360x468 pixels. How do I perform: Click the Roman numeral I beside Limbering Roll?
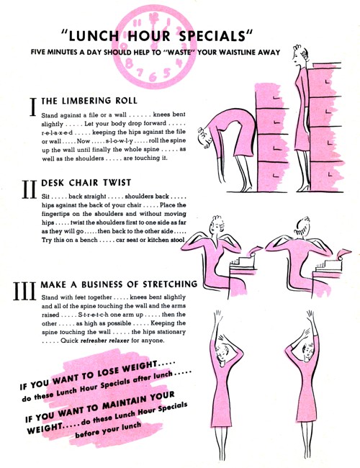(x=33, y=107)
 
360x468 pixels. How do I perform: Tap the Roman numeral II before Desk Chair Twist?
(x=30, y=189)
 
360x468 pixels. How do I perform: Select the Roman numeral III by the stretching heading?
(x=24, y=291)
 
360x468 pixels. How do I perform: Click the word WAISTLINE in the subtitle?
(x=238, y=53)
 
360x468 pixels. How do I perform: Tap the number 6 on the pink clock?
(x=153, y=77)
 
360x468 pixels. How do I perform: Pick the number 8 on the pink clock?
(x=129, y=63)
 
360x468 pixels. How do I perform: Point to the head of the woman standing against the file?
(x=300, y=55)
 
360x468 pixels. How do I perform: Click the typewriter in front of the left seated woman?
(x=242, y=263)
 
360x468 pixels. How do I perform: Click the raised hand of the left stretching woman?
(x=217, y=317)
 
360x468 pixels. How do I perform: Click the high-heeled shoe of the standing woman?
(x=303, y=188)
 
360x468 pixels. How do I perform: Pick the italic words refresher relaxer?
(x=105, y=341)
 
